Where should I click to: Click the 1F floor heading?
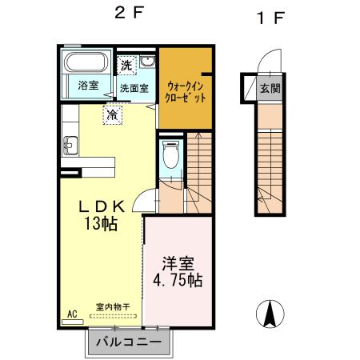[270, 18]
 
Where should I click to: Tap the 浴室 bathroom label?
[88, 86]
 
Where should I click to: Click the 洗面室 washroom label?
[134, 87]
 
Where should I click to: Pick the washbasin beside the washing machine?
[148, 64]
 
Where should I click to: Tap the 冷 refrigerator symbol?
[113, 114]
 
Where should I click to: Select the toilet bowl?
[169, 154]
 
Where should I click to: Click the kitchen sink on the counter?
[67, 146]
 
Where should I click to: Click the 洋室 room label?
[178, 262]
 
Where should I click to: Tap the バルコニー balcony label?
[129, 342]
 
